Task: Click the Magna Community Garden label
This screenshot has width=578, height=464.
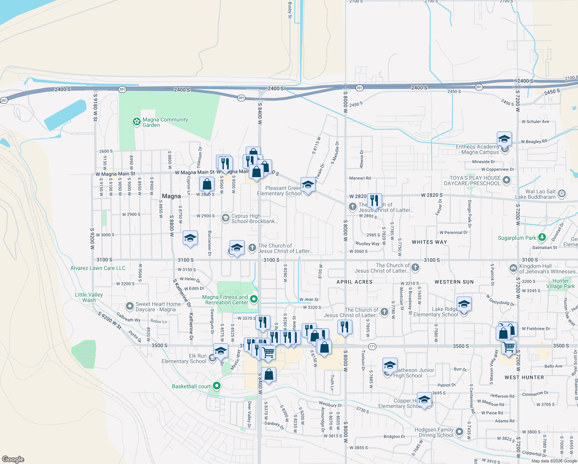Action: pyautogui.click(x=165, y=122)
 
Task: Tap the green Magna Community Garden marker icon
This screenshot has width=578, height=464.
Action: pyautogui.click(x=136, y=122)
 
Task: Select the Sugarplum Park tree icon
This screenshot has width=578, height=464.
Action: pyautogui.click(x=542, y=237)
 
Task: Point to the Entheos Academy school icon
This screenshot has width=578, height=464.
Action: pyautogui.click(x=504, y=139)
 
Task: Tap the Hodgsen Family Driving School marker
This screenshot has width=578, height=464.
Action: pyautogui.click(x=459, y=432)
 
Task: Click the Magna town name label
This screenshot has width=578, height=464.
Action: pyautogui.click(x=171, y=196)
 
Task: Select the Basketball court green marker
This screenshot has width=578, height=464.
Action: pyautogui.click(x=217, y=386)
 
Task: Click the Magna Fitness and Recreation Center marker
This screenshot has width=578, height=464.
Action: pyautogui.click(x=254, y=299)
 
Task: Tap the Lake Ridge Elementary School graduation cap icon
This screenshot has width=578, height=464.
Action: pyautogui.click(x=464, y=304)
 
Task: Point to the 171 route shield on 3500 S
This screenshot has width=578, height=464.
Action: pyautogui.click(x=372, y=346)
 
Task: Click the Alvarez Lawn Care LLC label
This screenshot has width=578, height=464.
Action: pyautogui.click(x=98, y=268)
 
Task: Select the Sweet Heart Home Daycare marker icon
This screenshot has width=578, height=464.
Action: pyautogui.click(x=131, y=306)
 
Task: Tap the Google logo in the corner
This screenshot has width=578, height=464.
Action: pyautogui.click(x=13, y=459)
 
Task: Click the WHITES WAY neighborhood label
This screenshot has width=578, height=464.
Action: pyautogui.click(x=429, y=242)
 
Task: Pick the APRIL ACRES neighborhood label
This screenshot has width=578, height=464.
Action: pyautogui.click(x=354, y=282)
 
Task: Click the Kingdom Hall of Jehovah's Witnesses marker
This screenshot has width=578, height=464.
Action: pyautogui.click(x=513, y=268)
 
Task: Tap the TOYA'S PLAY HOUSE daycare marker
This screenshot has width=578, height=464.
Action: pyautogui.click(x=507, y=180)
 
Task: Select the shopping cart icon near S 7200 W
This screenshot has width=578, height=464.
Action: pyautogui.click(x=508, y=347)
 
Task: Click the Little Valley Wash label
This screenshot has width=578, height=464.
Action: pyautogui.click(x=89, y=297)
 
